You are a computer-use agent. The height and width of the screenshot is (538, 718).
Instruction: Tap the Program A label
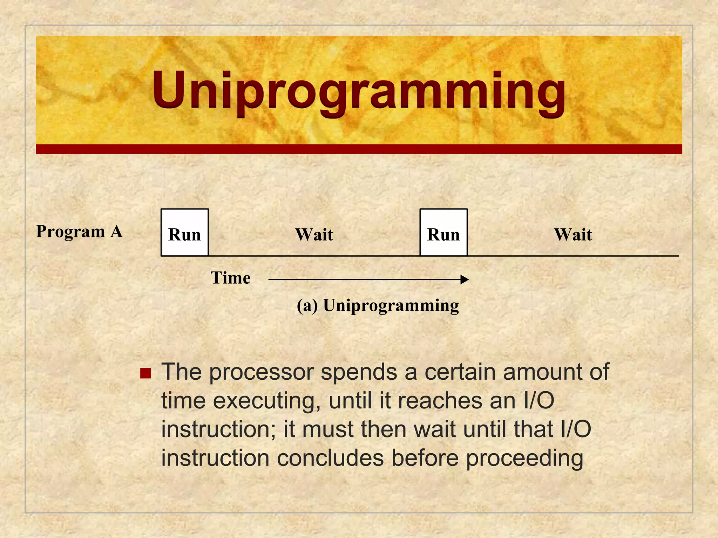point(79,232)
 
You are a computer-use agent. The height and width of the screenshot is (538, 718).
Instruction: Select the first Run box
point(185,233)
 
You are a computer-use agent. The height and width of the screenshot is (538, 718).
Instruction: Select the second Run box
point(443,233)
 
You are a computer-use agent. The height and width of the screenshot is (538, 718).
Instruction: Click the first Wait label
point(314,234)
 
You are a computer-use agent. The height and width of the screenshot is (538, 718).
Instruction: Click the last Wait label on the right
point(573,234)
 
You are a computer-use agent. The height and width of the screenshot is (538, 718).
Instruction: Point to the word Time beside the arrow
point(230,278)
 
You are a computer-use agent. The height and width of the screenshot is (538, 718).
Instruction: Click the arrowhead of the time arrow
point(465,280)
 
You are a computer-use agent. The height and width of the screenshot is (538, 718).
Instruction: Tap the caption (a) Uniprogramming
point(378,305)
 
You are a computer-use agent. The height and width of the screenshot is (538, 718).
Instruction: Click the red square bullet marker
point(145,373)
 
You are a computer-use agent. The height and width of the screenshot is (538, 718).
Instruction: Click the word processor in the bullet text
point(261,372)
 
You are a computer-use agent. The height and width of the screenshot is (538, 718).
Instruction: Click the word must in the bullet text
point(327,429)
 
